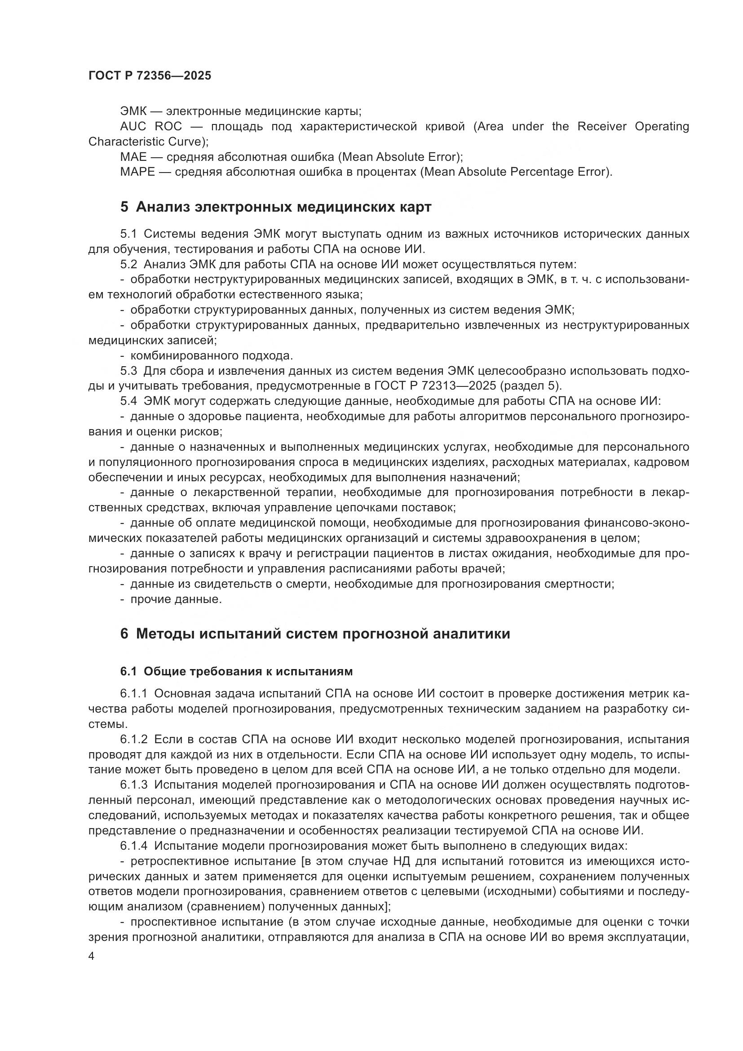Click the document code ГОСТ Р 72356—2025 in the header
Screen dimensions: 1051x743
(x=150, y=76)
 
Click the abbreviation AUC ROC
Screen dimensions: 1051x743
(x=150, y=126)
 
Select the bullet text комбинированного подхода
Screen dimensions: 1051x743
(x=212, y=356)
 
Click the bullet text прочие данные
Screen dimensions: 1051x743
(x=176, y=599)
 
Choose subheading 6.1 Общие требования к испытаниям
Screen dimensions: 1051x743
(x=237, y=671)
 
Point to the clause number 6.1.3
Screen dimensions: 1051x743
(x=133, y=785)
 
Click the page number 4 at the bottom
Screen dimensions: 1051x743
(x=92, y=957)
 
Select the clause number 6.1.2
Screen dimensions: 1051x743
(x=133, y=739)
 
